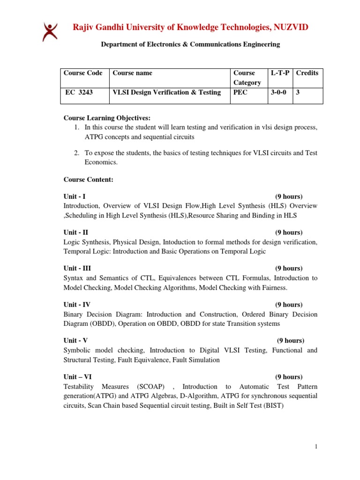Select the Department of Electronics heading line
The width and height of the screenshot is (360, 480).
point(191,45)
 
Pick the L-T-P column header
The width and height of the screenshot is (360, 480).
point(280,73)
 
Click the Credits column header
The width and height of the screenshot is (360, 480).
point(307,73)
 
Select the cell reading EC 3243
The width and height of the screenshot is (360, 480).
point(79,92)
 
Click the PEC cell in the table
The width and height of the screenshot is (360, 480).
point(240,92)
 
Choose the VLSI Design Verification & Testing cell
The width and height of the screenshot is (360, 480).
point(166,92)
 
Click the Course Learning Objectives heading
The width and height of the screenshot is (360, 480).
point(107,118)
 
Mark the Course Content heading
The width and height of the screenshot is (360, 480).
point(88,179)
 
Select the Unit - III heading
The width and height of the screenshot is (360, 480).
point(77,268)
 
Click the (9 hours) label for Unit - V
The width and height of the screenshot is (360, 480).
point(290,340)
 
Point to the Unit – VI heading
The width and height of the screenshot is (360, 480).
point(78,376)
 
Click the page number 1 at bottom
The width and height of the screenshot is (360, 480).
point(316,447)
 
